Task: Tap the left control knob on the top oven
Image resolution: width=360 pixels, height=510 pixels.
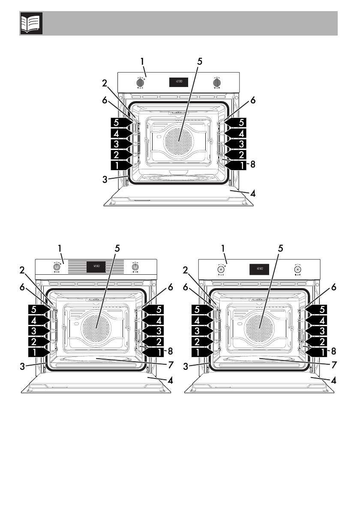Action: [x=140, y=82]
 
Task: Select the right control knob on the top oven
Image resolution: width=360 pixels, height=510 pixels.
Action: [x=217, y=82]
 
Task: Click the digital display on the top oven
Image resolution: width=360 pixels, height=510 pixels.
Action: [x=178, y=82]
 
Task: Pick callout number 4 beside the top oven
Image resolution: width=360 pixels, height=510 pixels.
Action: [x=253, y=193]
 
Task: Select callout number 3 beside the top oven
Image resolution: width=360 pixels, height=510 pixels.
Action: [x=105, y=180]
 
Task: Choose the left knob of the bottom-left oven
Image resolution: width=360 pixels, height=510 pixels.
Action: [x=56, y=267]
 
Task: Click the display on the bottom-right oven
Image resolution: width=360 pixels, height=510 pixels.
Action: [x=259, y=269]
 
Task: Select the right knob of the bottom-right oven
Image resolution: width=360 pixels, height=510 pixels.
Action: [x=297, y=269]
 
